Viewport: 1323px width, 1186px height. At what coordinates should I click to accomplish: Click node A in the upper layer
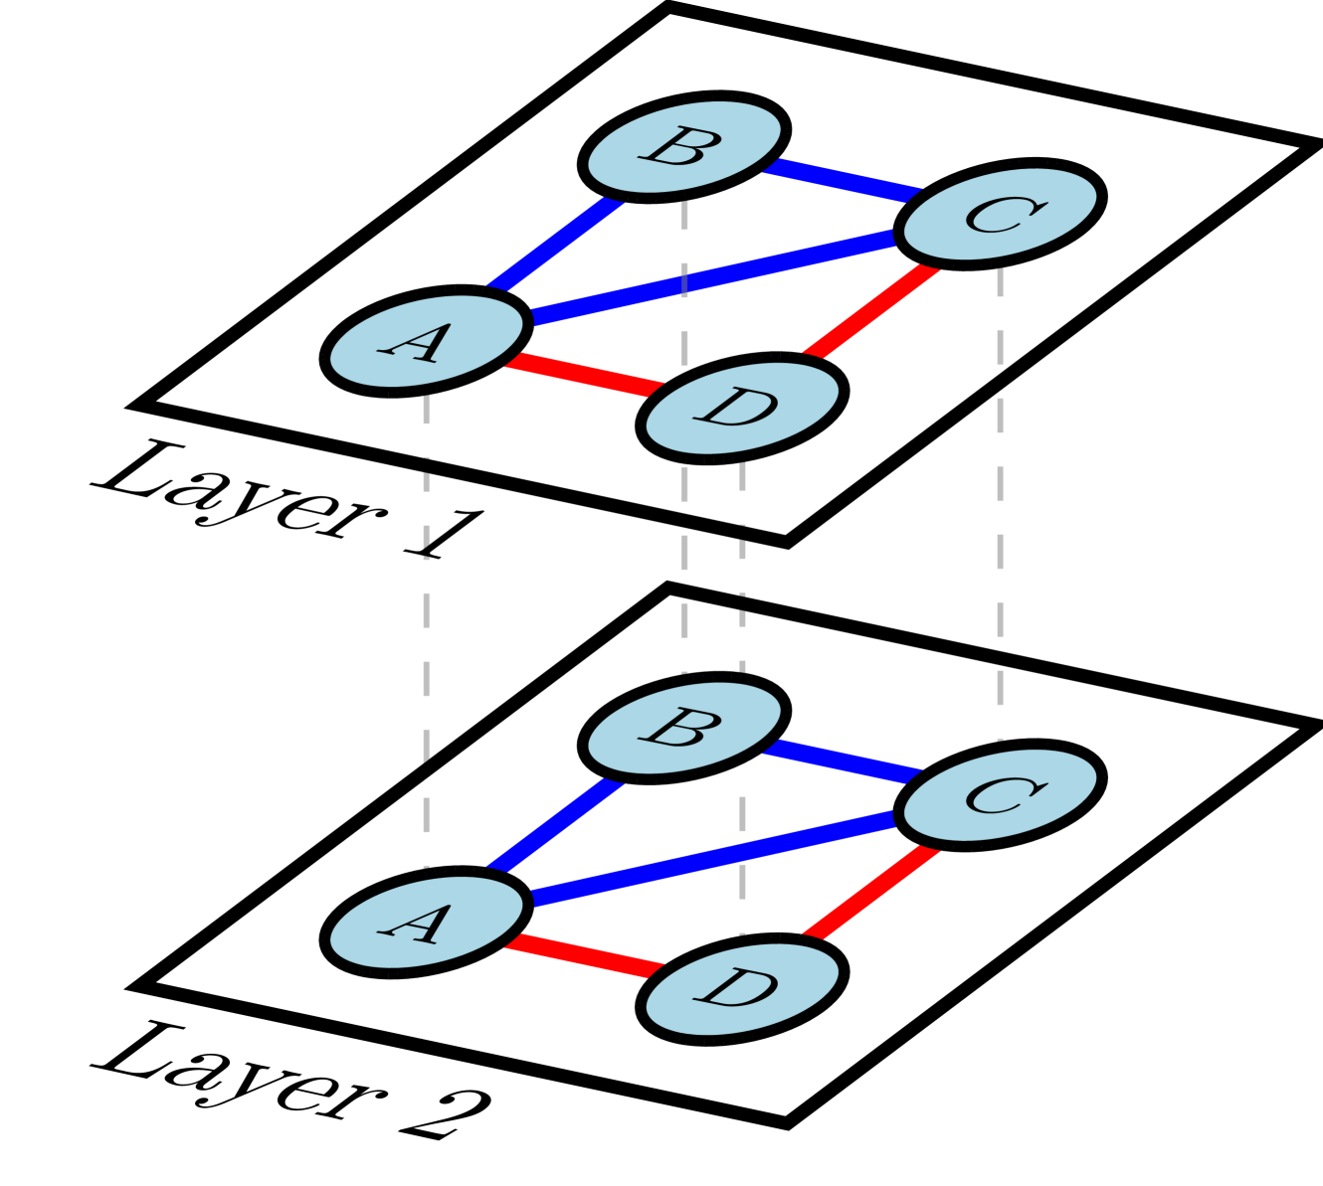point(426,341)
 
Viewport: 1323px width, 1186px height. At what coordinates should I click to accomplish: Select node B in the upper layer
point(684,146)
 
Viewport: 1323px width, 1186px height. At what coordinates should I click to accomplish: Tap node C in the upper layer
point(1000,214)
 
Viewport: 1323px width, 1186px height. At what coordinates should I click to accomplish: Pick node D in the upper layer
point(742,408)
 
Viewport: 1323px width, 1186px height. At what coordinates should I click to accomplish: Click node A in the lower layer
point(426,922)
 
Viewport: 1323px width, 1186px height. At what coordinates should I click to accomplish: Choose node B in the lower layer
point(684,728)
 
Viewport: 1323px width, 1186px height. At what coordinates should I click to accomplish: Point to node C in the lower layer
point(1000,794)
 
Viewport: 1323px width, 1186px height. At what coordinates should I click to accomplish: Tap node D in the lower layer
point(742,989)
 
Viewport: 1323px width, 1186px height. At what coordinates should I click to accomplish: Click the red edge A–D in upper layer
point(584,375)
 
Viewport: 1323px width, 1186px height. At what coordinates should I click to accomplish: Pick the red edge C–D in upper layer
point(872,310)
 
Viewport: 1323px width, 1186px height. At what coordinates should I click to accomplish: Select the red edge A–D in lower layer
point(584,955)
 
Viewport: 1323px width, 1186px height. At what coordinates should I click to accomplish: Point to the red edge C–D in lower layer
point(872,892)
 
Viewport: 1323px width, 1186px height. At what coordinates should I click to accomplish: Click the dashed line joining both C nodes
point(1000,497)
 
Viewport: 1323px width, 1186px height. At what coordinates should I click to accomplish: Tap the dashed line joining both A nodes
point(426,636)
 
